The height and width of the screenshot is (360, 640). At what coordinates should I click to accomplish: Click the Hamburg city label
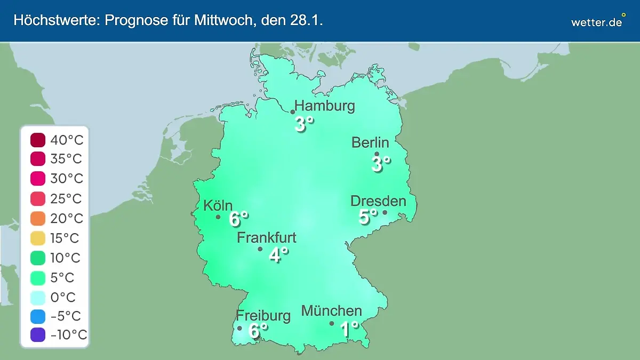coord(325,106)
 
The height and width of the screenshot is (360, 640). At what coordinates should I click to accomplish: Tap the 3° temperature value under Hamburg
coord(304,124)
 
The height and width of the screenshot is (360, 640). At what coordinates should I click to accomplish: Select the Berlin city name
coord(370,142)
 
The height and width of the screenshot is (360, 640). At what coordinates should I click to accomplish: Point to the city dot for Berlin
coord(377,154)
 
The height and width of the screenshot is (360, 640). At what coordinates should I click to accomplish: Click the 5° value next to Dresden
coord(367,217)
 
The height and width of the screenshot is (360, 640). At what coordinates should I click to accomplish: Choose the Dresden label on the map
coord(378,201)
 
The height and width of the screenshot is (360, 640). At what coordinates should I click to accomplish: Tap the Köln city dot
coord(218,217)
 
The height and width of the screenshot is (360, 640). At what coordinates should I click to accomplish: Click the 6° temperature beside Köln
coord(238,219)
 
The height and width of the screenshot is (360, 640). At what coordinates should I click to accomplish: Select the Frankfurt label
coord(267,237)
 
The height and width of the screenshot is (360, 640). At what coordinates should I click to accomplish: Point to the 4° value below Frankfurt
coord(278,255)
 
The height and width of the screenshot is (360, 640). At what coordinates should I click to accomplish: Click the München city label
coord(332,310)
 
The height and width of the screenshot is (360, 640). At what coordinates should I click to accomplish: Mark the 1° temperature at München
coord(349,329)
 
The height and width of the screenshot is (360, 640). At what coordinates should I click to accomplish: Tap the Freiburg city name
coord(263,315)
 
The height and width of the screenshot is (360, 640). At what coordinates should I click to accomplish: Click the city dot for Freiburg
coord(239,329)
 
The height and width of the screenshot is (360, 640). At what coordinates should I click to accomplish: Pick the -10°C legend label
coord(68,335)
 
